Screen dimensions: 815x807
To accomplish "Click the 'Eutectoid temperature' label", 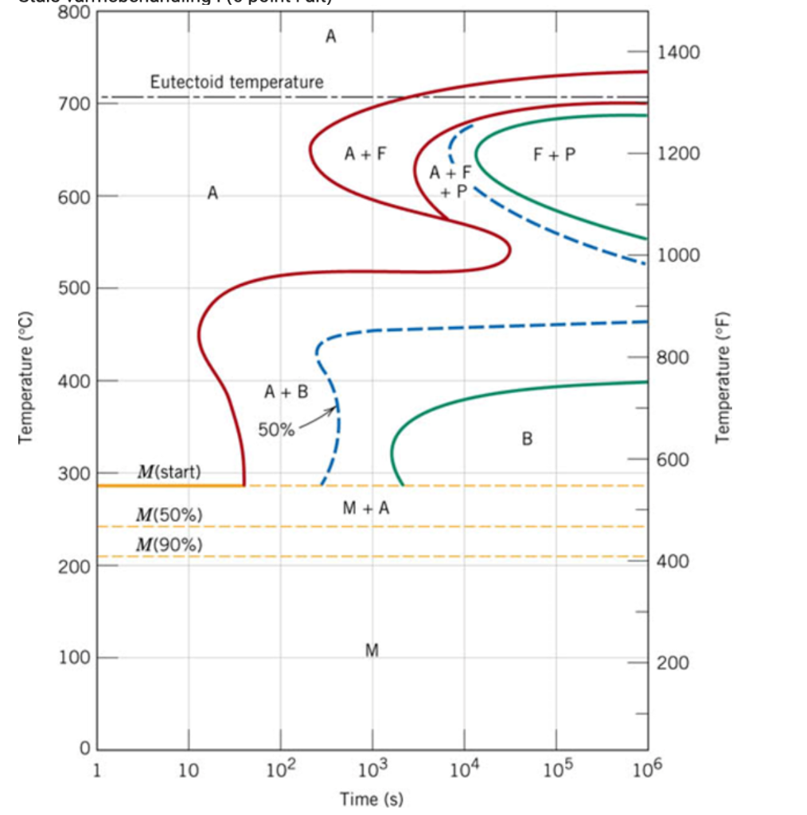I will pos(236,82).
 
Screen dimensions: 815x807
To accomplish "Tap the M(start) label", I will pos(169,472).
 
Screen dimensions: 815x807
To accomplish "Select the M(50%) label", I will pos(170,515).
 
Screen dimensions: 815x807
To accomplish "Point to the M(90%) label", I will pos(170,544).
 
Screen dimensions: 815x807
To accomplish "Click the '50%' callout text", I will pos(276,431).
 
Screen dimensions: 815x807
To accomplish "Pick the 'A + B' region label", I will pos(286,392).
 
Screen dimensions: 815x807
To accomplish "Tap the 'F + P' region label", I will pos(555,154).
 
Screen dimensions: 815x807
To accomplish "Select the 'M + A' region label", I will pos(366,509).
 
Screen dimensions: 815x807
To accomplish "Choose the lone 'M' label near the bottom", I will pos(371,650).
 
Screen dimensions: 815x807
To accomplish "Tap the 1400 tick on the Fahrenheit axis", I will pos(679,53).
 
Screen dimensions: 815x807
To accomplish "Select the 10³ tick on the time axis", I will pos(372,771).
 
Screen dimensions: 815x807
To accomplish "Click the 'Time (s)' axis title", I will pos(372,798).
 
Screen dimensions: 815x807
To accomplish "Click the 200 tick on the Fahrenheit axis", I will pos(673,663).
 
